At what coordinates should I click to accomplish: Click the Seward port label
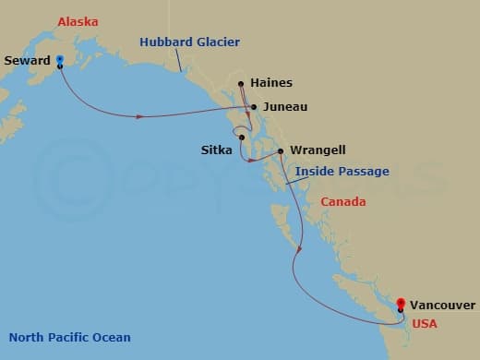[x=28, y=61]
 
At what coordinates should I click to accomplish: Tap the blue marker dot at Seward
[x=59, y=60]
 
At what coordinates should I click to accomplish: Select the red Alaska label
[x=78, y=20]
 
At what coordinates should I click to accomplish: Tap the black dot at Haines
[x=242, y=84]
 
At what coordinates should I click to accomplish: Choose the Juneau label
[x=285, y=107]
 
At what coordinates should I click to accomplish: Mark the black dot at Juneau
[x=254, y=107]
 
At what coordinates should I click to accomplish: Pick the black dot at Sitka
[x=242, y=138]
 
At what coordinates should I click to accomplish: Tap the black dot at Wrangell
[x=280, y=150]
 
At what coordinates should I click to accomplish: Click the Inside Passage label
[x=342, y=171]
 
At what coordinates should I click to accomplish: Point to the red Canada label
[x=342, y=202]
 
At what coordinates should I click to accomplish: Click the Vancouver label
[x=443, y=305]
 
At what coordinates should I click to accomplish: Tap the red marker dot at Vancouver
[x=401, y=303]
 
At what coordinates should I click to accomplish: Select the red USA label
[x=424, y=324]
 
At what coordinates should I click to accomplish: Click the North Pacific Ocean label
[x=69, y=337]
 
